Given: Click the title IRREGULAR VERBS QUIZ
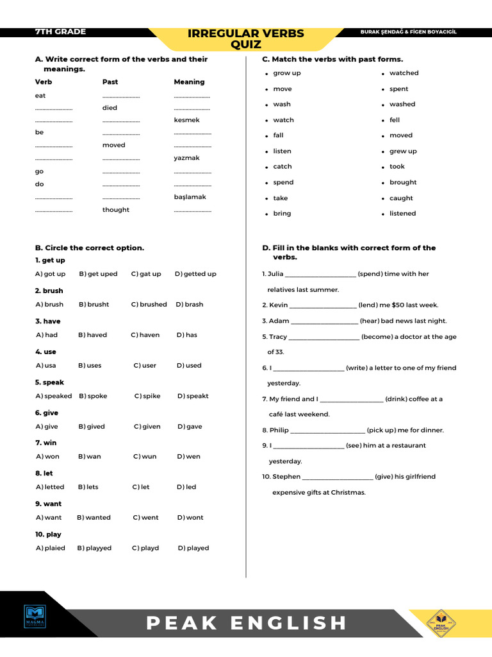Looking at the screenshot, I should [x=246, y=38].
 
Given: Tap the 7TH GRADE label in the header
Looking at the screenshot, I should [x=60, y=31].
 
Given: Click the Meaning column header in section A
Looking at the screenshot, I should [x=189, y=82].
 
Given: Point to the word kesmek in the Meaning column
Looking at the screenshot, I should [x=186, y=120].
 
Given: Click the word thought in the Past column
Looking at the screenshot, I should [x=115, y=210].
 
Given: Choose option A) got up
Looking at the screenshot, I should [x=51, y=274].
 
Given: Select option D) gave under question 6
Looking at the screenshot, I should [x=190, y=427].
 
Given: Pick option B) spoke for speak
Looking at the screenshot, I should [x=93, y=396].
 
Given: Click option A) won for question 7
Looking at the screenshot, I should [x=47, y=457].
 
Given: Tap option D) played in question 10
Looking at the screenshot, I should [x=193, y=548].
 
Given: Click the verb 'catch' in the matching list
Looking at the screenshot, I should [x=282, y=167].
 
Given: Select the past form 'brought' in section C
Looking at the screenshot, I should [x=403, y=182].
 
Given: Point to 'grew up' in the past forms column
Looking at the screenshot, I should [x=403, y=151].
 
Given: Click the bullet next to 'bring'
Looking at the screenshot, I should [x=266, y=214].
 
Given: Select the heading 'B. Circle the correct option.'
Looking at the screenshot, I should [x=90, y=248].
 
